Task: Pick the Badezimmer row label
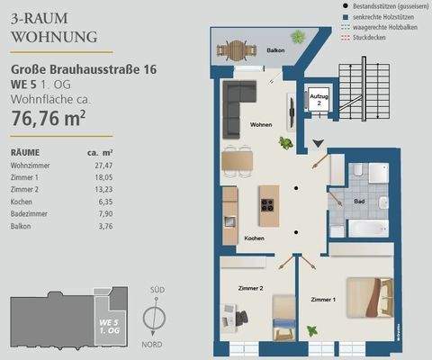click(31, 215)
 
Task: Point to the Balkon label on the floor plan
click(275, 50)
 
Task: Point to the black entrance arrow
click(318, 142)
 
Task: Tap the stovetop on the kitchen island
click(267, 202)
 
